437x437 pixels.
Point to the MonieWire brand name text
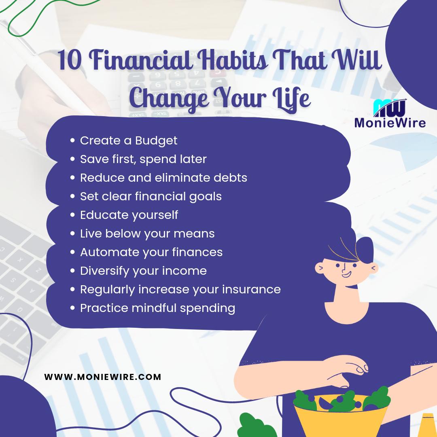(x=390, y=122)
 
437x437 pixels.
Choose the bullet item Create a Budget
(x=129, y=140)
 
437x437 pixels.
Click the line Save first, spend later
(x=143, y=159)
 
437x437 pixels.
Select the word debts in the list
(x=228, y=178)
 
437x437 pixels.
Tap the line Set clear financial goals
(x=151, y=196)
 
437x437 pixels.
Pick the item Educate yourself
(x=129, y=215)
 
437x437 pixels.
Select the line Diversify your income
(x=143, y=271)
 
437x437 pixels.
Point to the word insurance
(x=251, y=289)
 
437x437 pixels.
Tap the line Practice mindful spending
(x=157, y=308)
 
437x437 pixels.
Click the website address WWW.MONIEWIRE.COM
(x=103, y=377)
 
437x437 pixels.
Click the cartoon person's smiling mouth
(x=346, y=275)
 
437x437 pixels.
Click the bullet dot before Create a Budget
(x=72, y=141)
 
